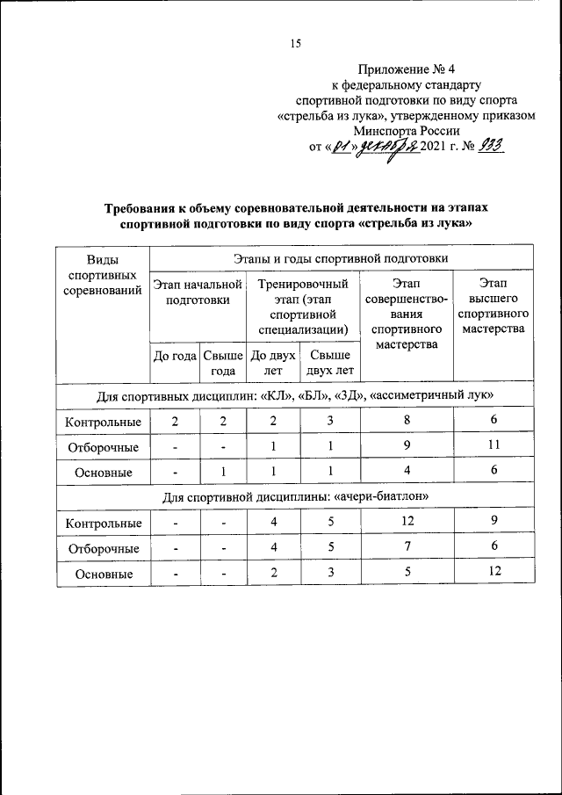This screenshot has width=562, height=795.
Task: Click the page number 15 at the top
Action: coord(295,45)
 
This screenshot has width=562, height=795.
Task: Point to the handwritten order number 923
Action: coord(494,146)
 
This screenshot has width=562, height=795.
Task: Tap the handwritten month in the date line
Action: coord(385,146)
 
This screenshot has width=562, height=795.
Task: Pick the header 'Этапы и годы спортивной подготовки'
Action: coord(341,258)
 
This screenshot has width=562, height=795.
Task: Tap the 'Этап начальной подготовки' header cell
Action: coord(198,292)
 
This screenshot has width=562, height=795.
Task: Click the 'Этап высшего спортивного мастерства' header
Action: coord(493,306)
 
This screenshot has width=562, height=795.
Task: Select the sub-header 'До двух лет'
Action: coord(272,363)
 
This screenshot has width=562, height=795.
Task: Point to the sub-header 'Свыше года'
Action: coord(223,363)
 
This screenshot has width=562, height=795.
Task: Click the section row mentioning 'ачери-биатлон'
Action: coord(295,497)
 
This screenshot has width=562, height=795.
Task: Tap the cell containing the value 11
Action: coord(493,446)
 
